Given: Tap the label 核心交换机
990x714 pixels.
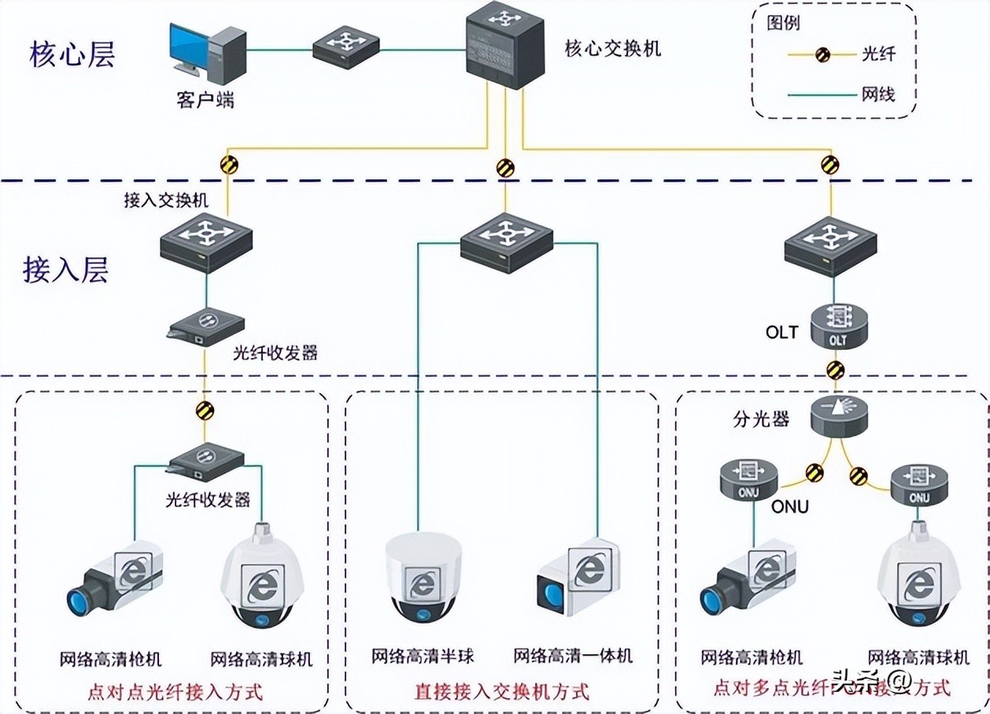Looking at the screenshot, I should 613,49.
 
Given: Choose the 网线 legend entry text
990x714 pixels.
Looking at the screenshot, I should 877,95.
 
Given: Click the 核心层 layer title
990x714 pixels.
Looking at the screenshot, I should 72,55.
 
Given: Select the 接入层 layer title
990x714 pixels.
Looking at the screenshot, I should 65,269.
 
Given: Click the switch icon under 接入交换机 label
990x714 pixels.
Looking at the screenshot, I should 206,241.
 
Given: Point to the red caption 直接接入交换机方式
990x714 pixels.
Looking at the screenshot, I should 501,692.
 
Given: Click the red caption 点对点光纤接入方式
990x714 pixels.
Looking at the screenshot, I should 174,692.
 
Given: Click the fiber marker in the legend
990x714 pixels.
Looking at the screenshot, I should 823,54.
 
